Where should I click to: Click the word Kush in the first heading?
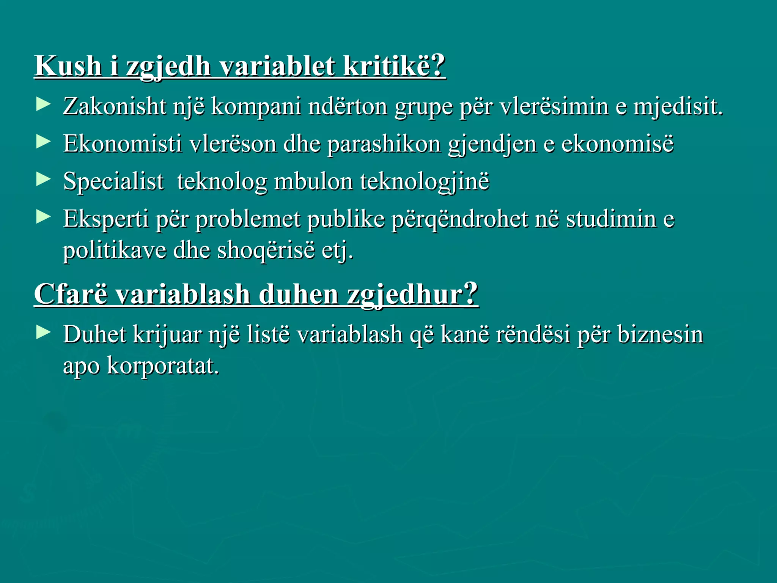pyautogui.click(x=68, y=66)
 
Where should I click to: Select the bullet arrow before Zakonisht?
pyautogui.click(x=44, y=104)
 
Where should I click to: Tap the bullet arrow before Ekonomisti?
pyautogui.click(x=44, y=142)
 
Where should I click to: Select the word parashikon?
pyautogui.click(x=384, y=144)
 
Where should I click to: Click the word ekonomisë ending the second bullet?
pyautogui.click(x=617, y=144)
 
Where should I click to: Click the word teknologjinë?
pyautogui.click(x=425, y=181)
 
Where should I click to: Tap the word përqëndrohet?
pyautogui.click(x=459, y=219)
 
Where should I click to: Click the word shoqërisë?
pyautogui.click(x=266, y=251)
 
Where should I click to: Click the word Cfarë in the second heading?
pyautogui.click(x=71, y=294)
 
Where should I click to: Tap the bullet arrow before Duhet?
pyautogui.click(x=44, y=332)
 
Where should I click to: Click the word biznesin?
pyautogui.click(x=660, y=335)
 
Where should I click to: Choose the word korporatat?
pyautogui.click(x=163, y=366)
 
